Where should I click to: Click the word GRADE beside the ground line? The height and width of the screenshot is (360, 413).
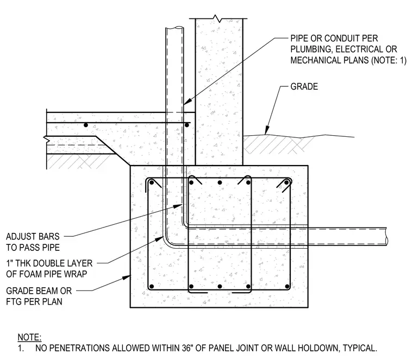(x=304, y=86)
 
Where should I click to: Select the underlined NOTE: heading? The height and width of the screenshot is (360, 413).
(x=29, y=337)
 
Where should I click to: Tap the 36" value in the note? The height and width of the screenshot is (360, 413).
(x=187, y=348)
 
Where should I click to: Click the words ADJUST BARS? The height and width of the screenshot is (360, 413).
(x=33, y=236)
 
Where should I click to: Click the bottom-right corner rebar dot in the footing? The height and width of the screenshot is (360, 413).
(x=287, y=286)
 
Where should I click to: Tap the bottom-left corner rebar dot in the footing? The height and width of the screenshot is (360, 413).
(x=151, y=286)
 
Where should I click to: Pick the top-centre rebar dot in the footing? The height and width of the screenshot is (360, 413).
(x=220, y=182)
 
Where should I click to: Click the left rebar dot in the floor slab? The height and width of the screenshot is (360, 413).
(x=86, y=125)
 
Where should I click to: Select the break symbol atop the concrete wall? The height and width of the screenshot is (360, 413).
(x=217, y=18)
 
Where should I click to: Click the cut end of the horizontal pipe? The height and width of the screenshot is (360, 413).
(x=387, y=236)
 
